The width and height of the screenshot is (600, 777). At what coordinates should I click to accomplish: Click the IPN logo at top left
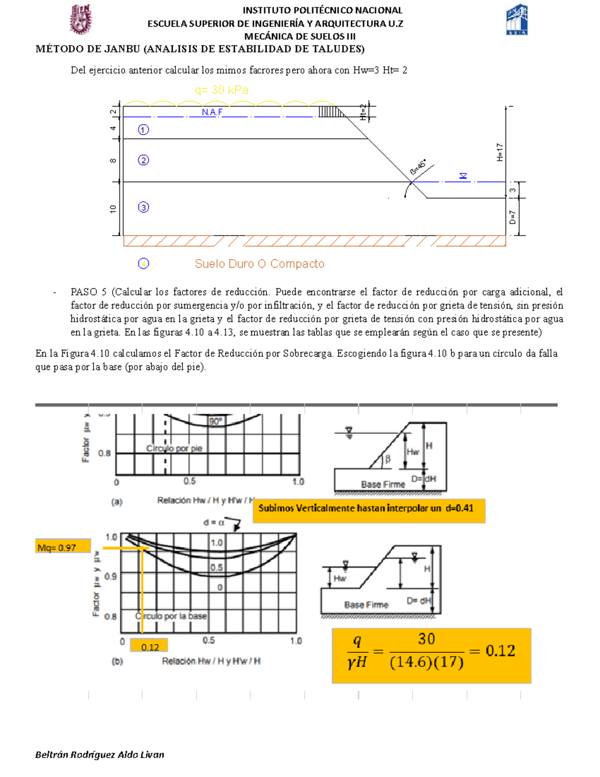(80, 19)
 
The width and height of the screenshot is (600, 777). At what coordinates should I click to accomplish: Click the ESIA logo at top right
(517, 20)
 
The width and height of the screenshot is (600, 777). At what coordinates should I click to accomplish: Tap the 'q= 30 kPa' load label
(221, 90)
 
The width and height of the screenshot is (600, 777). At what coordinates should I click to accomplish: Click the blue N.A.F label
(212, 112)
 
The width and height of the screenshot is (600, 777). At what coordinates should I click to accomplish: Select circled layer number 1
(143, 130)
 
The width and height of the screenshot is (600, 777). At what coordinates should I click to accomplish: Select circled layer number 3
(143, 207)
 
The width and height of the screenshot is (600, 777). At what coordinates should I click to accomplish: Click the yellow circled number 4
(143, 264)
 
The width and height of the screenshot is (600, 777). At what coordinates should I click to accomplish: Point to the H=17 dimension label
(499, 152)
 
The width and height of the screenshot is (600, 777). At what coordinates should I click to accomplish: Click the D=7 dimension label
(512, 217)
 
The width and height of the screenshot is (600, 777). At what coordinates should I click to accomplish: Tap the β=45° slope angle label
(418, 167)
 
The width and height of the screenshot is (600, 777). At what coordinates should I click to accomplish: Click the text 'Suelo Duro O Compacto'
(259, 264)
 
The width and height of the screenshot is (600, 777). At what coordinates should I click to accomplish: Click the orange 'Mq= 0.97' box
(63, 547)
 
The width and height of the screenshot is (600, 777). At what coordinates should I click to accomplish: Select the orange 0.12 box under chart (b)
(149, 646)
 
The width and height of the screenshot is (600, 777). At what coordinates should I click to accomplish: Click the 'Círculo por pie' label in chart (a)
(174, 448)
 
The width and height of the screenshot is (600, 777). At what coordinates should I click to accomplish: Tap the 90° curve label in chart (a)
(215, 422)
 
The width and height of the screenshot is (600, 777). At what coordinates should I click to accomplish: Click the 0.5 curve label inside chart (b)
(216, 567)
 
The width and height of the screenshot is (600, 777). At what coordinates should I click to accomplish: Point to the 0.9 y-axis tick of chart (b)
(110, 576)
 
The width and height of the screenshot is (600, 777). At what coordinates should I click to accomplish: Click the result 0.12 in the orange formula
(500, 650)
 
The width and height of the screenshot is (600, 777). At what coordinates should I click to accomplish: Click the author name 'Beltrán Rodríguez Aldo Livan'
(99, 754)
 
